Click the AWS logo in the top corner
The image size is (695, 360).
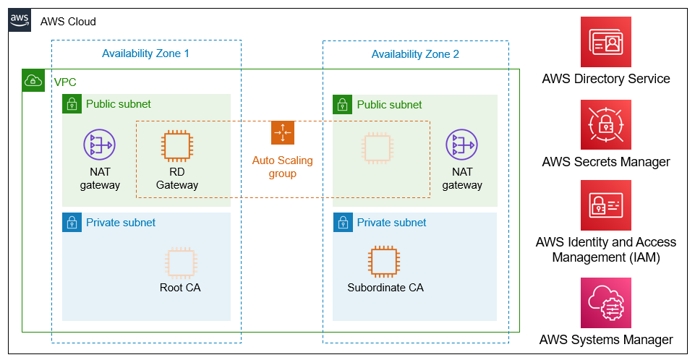[20, 20]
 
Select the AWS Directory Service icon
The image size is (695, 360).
[606, 42]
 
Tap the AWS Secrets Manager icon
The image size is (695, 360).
[606, 125]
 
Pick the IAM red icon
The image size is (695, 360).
[606, 205]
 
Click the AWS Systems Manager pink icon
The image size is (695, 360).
[606, 303]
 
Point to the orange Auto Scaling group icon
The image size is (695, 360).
[283, 133]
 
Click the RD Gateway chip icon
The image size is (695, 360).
[177, 146]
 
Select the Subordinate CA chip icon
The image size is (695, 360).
[384, 261]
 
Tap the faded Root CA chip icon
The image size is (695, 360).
[181, 263]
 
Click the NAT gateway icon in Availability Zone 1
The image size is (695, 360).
[100, 145]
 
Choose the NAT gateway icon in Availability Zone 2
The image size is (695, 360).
[462, 145]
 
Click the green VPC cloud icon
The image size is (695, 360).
[33, 80]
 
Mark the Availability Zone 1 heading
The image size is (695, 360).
[145, 53]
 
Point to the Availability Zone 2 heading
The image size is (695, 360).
[415, 54]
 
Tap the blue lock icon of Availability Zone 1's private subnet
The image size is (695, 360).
[72, 222]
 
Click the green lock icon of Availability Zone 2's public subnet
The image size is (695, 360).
[343, 105]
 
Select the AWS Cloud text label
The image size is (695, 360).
[68, 22]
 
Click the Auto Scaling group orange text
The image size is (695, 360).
[282, 167]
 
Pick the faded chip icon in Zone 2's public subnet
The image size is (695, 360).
[378, 148]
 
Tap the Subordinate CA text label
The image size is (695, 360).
[385, 288]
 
